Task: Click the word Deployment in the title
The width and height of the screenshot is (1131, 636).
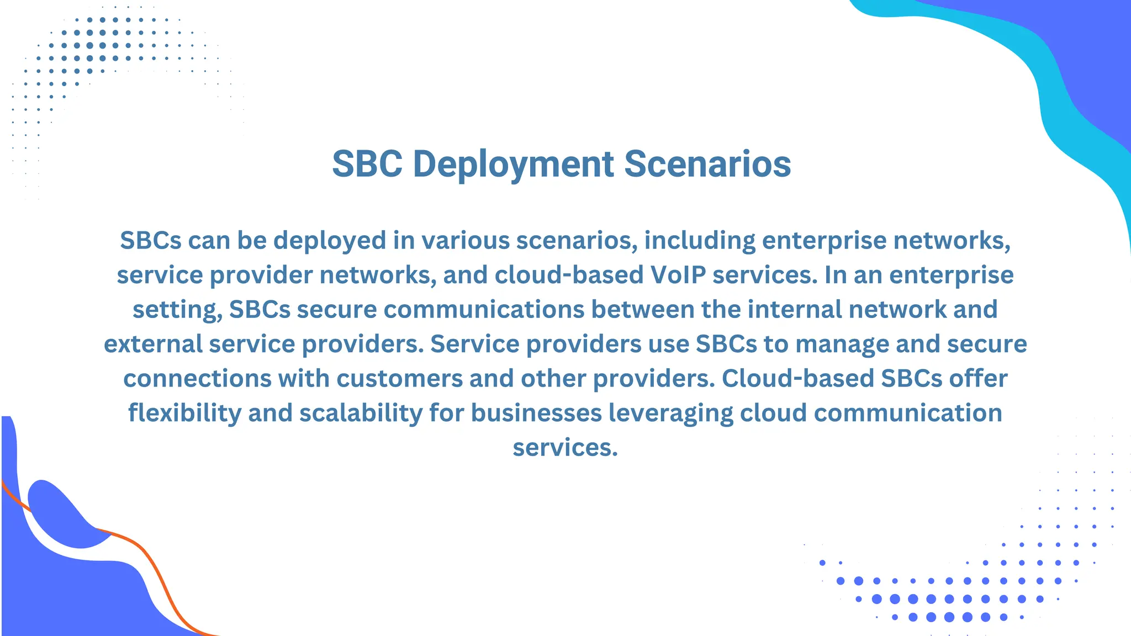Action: pyautogui.click(x=513, y=165)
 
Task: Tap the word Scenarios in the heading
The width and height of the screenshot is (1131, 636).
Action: pyautogui.click(x=707, y=165)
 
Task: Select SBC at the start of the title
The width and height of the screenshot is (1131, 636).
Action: pyautogui.click(x=367, y=165)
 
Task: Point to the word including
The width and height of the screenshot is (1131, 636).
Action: pyautogui.click(x=700, y=241)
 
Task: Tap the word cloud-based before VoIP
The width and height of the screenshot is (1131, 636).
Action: pyautogui.click(x=569, y=275)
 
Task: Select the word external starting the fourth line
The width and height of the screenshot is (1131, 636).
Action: pyautogui.click(x=153, y=344)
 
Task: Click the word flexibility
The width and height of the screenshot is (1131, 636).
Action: pyautogui.click(x=184, y=413)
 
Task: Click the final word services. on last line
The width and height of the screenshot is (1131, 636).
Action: pyautogui.click(x=565, y=448)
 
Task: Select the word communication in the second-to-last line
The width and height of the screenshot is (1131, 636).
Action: pyautogui.click(x=908, y=413)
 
